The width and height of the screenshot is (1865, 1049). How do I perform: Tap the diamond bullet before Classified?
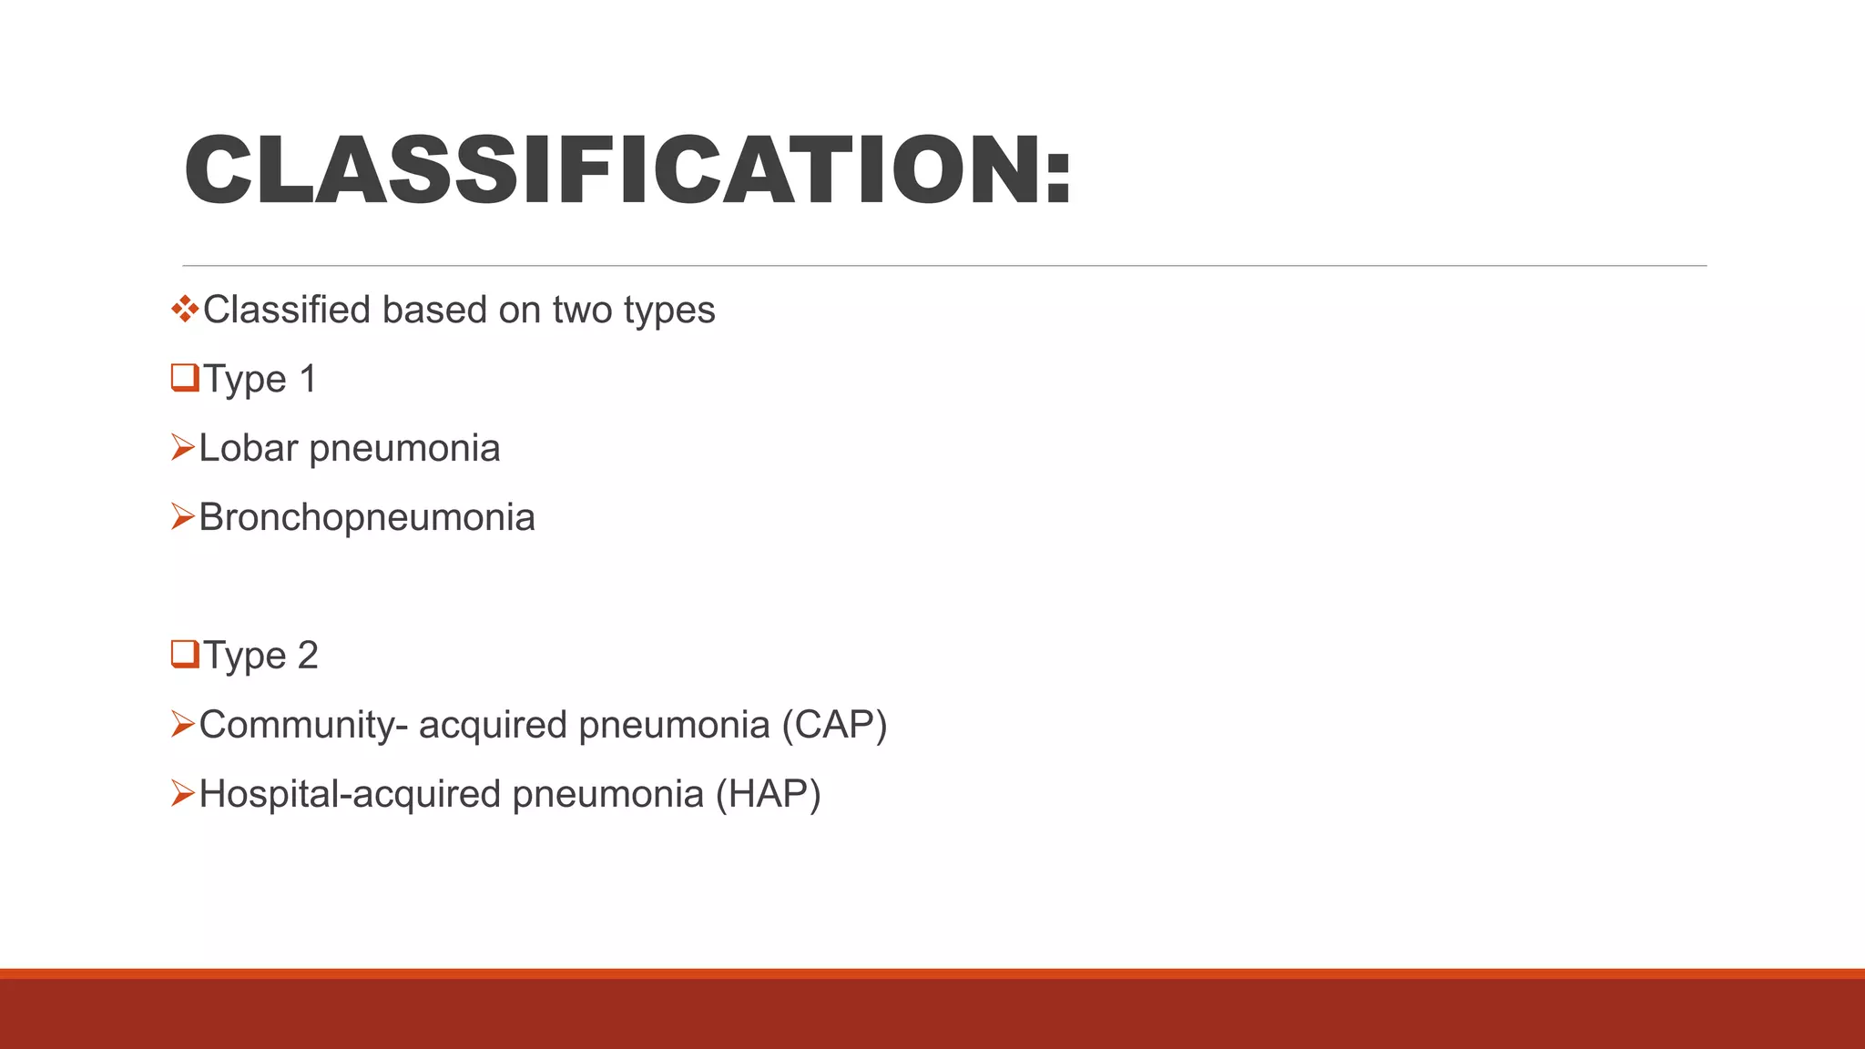click(x=184, y=310)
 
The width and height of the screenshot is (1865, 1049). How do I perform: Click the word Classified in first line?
click(x=287, y=311)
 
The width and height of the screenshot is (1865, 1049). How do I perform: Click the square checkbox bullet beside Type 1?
click(x=184, y=378)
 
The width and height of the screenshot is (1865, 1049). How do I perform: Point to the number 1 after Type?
click(x=308, y=379)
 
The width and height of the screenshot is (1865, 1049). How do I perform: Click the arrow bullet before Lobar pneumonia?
click(x=182, y=448)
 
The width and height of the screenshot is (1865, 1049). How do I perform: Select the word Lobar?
click(x=249, y=448)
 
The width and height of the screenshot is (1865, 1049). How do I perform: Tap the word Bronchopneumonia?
click(x=367, y=517)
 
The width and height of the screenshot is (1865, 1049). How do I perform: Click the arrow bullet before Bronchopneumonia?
click(x=182, y=517)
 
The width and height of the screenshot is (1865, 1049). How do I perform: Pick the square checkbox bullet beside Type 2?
click(x=184, y=655)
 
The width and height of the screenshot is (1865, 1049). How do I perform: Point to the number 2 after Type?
click(x=308, y=656)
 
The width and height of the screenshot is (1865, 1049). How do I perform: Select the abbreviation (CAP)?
click(x=834, y=725)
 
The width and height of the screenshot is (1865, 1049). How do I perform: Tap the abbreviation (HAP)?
click(x=768, y=794)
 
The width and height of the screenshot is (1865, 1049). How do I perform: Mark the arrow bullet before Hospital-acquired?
click(x=182, y=794)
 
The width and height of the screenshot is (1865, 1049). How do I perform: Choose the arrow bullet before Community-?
click(x=182, y=725)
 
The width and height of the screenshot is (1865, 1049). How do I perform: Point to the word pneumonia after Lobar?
click(x=404, y=449)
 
